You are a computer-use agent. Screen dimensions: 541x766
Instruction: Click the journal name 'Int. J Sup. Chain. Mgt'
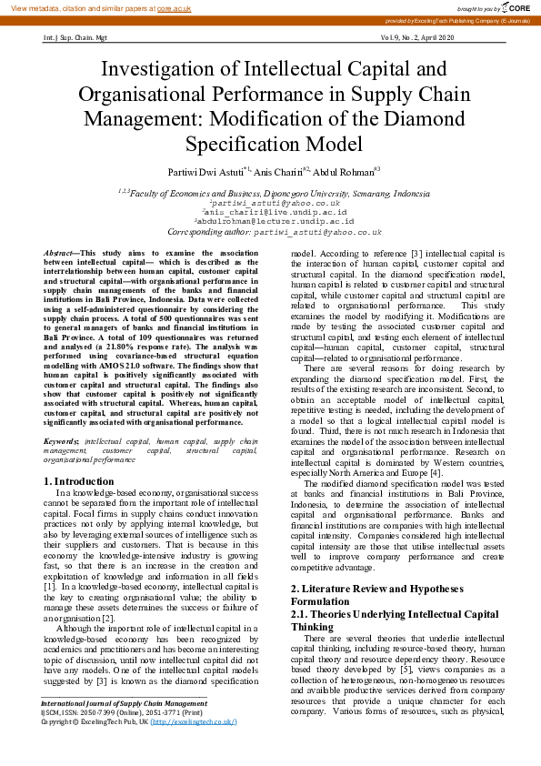coord(75,39)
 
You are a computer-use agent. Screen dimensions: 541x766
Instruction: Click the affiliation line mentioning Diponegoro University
coord(270,193)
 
